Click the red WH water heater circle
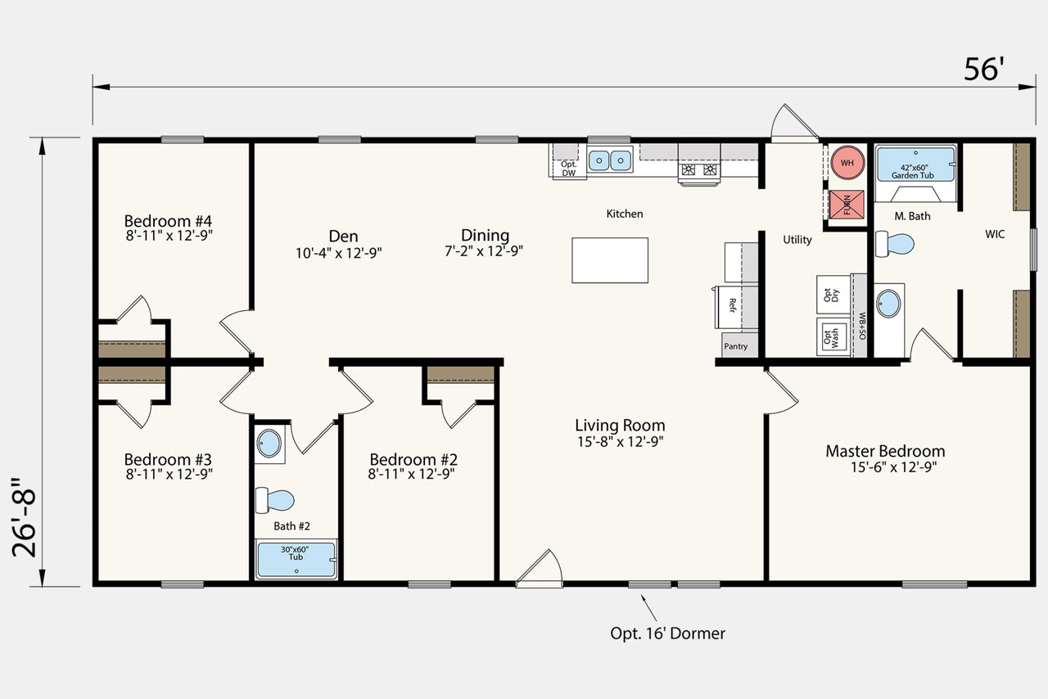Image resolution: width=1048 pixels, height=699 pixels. pyautogui.click(x=847, y=163)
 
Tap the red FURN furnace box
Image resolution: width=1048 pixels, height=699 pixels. pyautogui.click(x=847, y=205)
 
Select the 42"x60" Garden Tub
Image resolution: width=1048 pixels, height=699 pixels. pyautogui.click(x=915, y=165)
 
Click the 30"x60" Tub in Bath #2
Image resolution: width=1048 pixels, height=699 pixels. pyautogui.click(x=296, y=560)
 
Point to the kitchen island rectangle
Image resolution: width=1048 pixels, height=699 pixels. pyautogui.click(x=610, y=260)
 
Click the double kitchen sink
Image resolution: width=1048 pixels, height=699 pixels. pyautogui.click(x=610, y=160)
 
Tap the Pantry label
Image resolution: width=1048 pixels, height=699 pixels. pyautogui.click(x=735, y=346)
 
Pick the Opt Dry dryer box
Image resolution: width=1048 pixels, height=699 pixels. pyautogui.click(x=833, y=295)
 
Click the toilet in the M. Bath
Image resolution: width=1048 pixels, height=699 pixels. pyautogui.click(x=895, y=244)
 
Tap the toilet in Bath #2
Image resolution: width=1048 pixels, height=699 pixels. pyautogui.click(x=274, y=500)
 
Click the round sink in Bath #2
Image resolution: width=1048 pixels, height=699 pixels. pyautogui.click(x=269, y=443)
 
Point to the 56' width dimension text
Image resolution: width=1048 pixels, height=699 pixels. pyautogui.click(x=984, y=70)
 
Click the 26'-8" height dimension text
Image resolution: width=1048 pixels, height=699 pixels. pyautogui.click(x=24, y=517)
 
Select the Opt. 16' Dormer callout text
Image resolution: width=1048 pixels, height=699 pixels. pyautogui.click(x=667, y=634)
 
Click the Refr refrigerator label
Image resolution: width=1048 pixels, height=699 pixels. pyautogui.click(x=733, y=305)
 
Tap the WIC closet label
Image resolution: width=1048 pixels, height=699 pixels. pyautogui.click(x=995, y=234)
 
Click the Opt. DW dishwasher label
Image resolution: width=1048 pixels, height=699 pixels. pyautogui.click(x=568, y=169)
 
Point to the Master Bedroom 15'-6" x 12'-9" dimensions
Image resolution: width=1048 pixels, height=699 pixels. pyautogui.click(x=893, y=467)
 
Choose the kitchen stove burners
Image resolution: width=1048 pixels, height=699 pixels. pyautogui.click(x=699, y=169)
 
